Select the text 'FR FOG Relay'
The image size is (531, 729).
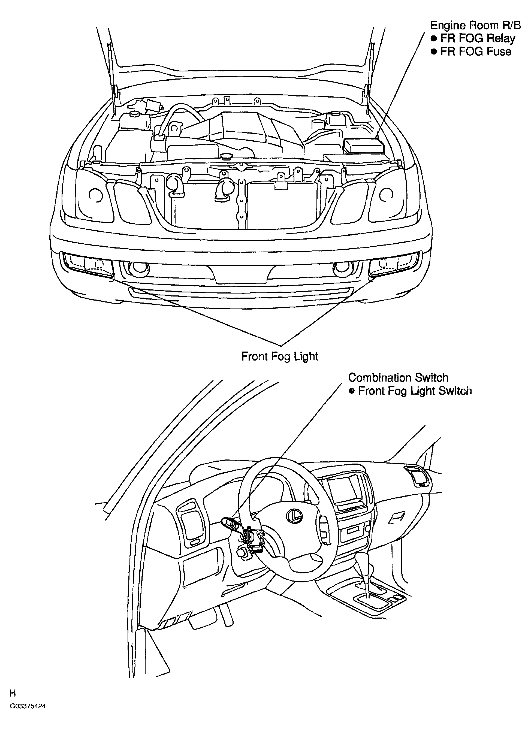pos(478,39)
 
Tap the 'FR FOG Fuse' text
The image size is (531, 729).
pos(476,52)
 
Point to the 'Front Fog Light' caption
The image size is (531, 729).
pos(280,356)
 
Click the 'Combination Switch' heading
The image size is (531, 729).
pos(398,377)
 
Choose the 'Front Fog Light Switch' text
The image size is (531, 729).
pos(415,391)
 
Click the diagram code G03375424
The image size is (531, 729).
pos(27,722)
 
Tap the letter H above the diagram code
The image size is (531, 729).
pos(12,709)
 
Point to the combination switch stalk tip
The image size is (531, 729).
pos(226,520)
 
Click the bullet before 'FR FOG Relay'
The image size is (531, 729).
pos(434,39)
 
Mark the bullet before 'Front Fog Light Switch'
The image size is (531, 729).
pos(352,391)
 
